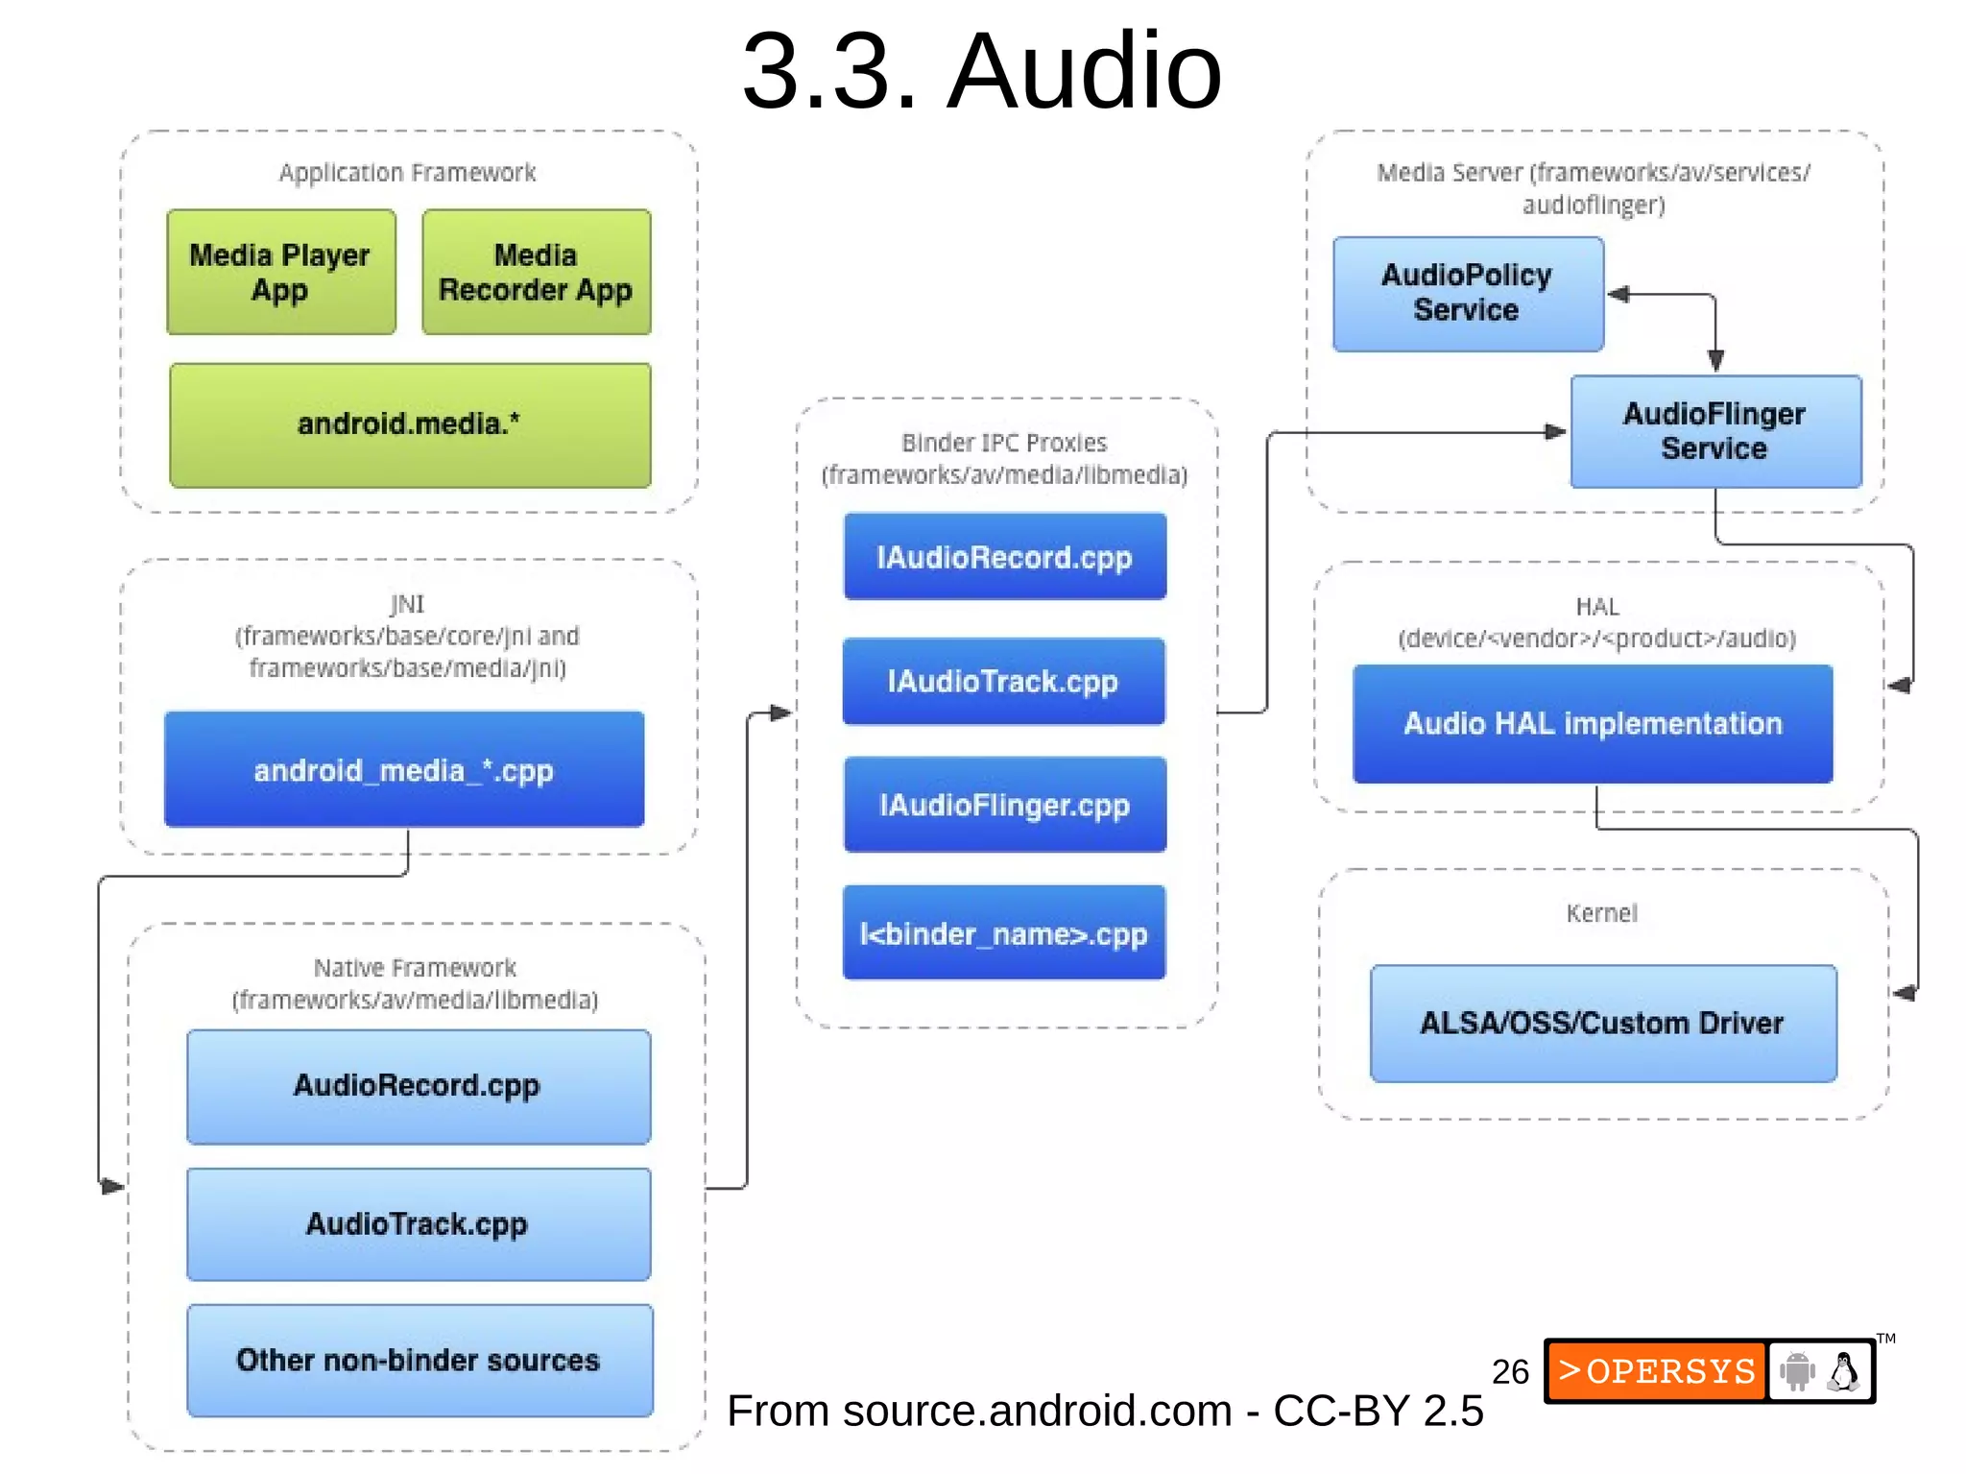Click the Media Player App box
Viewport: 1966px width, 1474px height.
280,272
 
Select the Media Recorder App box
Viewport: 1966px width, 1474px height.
536,272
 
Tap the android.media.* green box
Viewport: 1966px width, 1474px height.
410,424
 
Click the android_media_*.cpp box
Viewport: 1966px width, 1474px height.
404,769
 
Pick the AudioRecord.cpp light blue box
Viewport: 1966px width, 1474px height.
419,1086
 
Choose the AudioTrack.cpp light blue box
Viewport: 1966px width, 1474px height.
419,1224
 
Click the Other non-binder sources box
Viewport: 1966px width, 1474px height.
420,1360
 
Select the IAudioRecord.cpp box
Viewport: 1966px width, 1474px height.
1005,557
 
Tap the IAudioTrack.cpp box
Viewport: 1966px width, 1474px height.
1004,681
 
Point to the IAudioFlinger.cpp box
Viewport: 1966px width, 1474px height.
1005,805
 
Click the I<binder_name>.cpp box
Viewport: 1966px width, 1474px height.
1004,932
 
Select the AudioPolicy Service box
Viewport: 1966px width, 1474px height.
1468,294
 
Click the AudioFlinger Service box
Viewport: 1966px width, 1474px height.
1715,431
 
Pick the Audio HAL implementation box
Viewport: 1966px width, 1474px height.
1593,724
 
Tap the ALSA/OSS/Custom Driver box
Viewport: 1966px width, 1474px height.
1603,1024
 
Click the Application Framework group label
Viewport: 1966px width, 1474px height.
407,173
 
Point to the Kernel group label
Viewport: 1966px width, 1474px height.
1601,913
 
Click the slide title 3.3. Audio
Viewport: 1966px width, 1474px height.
982,71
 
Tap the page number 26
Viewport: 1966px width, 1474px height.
1510,1371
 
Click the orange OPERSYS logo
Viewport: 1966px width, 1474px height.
1657,1371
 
